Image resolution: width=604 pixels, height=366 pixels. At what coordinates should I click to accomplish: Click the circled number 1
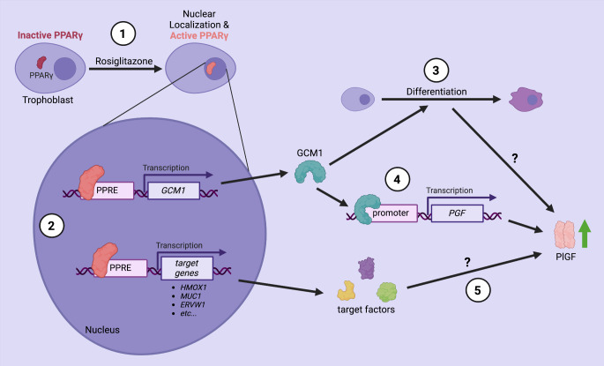coord(123,34)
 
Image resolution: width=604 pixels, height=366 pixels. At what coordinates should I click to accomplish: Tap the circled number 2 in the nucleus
coord(52,226)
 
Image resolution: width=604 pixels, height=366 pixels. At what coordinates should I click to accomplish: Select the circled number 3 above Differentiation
coord(436,71)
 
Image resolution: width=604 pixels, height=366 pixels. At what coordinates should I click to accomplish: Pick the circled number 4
coord(398,179)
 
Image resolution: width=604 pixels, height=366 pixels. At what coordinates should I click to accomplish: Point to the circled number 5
coord(478,290)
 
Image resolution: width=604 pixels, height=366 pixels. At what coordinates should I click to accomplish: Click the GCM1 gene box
coord(174,190)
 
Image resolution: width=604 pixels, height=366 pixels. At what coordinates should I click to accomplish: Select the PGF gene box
coord(458,213)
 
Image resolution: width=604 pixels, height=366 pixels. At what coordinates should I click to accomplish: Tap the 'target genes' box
coord(187,268)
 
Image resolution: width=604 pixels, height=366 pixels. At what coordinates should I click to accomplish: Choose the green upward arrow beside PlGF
coord(585,234)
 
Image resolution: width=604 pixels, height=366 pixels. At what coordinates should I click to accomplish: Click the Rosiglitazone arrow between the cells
coord(125,69)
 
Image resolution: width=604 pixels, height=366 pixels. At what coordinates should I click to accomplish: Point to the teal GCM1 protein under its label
coord(310,171)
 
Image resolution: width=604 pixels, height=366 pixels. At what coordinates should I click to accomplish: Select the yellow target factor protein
coord(346,290)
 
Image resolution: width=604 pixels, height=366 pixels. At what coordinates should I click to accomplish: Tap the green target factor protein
coord(386,292)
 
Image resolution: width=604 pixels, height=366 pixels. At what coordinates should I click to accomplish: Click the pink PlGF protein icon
coord(564,235)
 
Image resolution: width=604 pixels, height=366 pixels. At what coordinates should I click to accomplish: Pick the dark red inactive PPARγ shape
coord(41,63)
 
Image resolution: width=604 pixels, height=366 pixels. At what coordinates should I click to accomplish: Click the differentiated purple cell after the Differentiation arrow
coord(526,100)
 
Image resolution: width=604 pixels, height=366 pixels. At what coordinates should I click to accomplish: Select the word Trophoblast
coord(48,101)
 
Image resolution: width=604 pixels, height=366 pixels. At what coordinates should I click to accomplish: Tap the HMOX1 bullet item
coord(193,288)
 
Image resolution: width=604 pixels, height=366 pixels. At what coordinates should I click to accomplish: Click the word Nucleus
coord(102,330)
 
